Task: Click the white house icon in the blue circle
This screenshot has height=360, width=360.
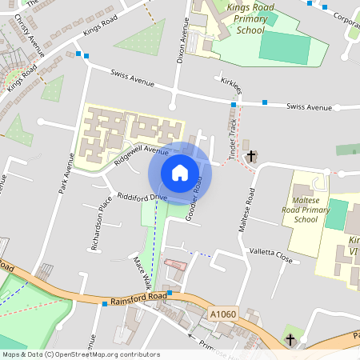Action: coord(180,173)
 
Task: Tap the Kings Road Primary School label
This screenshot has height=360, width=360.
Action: coord(234,19)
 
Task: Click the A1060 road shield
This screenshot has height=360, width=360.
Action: coord(224,314)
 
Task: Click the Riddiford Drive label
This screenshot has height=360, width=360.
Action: coord(142,196)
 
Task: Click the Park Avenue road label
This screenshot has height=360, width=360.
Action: coord(66,172)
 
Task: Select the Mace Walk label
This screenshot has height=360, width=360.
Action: coord(142,272)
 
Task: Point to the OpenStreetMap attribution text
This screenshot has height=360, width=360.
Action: coord(81,354)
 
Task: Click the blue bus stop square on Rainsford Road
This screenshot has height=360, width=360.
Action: coord(104,303)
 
